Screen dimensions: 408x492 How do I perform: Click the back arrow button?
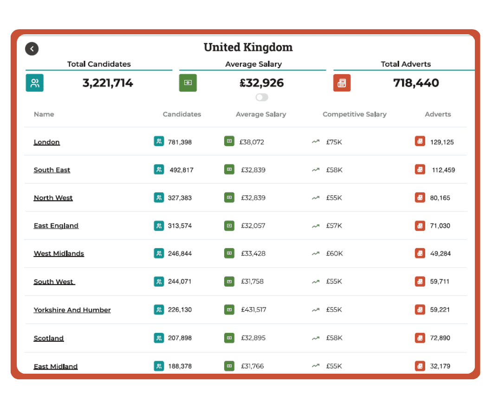pos(32,49)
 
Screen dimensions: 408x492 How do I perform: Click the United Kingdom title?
pos(248,47)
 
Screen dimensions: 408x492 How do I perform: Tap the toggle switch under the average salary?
pos(262,97)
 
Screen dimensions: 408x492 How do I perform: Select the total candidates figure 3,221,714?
pos(108,83)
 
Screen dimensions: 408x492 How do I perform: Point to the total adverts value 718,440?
pos(416,83)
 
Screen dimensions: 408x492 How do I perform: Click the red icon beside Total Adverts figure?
pos(342,83)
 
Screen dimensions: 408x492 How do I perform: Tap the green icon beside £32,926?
pos(188,83)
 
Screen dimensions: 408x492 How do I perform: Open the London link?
pos(47,142)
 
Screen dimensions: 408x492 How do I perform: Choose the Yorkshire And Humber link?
pos(72,310)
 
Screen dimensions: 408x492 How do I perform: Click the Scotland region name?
pos(49,338)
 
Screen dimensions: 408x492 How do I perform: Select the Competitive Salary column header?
pos(355,114)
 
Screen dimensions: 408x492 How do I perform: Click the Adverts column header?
pos(438,114)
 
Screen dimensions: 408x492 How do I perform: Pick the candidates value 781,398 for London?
pos(180,142)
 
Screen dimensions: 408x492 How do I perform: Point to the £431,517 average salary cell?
pos(253,310)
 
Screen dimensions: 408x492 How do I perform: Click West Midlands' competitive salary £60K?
pos(334,254)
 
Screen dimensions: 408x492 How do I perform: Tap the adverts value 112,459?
pos(443,170)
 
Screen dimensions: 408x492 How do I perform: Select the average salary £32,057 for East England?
pos(253,226)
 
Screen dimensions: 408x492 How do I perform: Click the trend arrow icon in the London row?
pos(316,142)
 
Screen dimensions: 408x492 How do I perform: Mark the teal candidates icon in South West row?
pos(159,281)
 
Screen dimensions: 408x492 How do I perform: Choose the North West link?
pos(53,198)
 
